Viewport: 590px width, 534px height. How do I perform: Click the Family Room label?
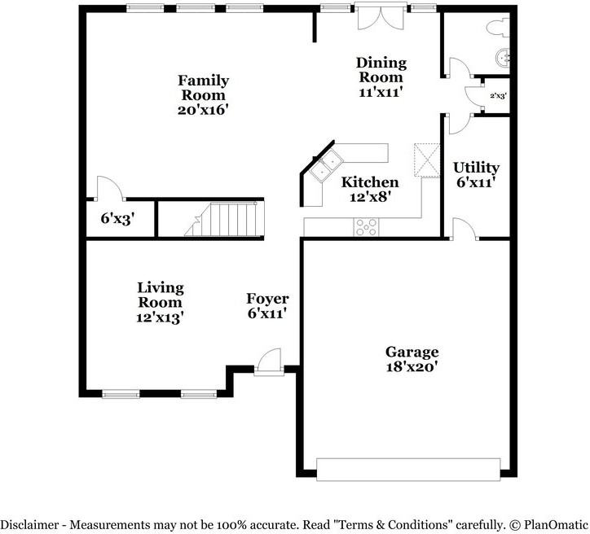tap(203, 88)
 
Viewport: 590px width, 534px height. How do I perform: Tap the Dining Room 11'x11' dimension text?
tap(381, 92)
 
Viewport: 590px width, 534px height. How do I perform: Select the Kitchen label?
tap(370, 182)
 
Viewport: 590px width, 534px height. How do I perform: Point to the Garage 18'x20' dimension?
tap(412, 366)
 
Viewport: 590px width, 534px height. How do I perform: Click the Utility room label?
tap(476, 168)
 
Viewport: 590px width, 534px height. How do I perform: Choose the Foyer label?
tap(267, 299)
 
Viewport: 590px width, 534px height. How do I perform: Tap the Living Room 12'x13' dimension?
tap(160, 317)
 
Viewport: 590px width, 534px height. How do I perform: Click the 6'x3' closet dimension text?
tap(118, 218)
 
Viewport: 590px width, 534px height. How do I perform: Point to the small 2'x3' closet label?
tap(498, 96)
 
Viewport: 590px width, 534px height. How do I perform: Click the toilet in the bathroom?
tap(498, 28)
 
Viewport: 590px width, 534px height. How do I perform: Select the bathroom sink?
tap(503, 59)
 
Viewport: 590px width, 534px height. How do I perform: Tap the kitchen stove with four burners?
tap(366, 227)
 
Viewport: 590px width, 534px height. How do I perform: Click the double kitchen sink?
tap(326, 165)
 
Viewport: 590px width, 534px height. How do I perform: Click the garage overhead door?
tap(408, 470)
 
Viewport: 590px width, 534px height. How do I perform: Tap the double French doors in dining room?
tap(381, 16)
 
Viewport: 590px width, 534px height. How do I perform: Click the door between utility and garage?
tap(465, 230)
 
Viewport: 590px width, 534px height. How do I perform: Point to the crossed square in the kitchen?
tap(427, 160)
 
